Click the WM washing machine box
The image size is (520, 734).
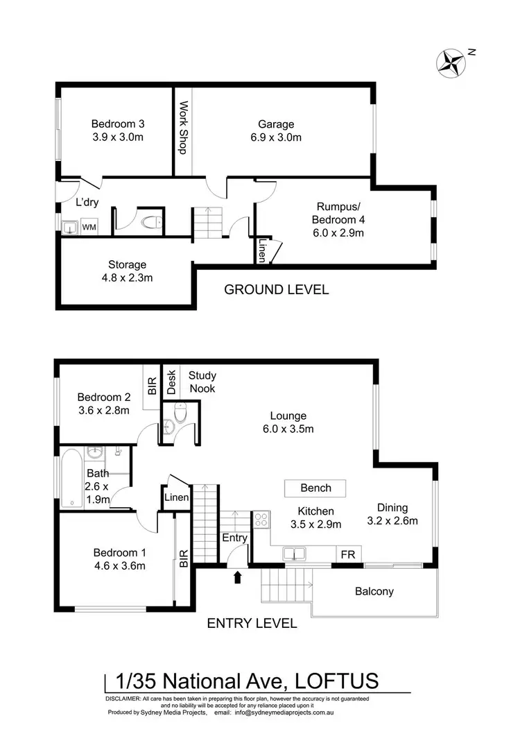pos(89,227)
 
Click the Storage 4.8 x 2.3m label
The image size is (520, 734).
pos(127,271)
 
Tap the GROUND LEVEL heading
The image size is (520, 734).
pos(276,289)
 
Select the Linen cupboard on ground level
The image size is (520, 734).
pos(262,249)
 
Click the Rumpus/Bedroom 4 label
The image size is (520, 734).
pos(340,219)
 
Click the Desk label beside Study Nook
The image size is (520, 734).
pos(171,382)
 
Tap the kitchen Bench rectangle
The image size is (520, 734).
pos(315,488)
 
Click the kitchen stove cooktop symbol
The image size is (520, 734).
pos(261,519)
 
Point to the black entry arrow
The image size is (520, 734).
pos(238,577)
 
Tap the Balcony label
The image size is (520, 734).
pos(374,591)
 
